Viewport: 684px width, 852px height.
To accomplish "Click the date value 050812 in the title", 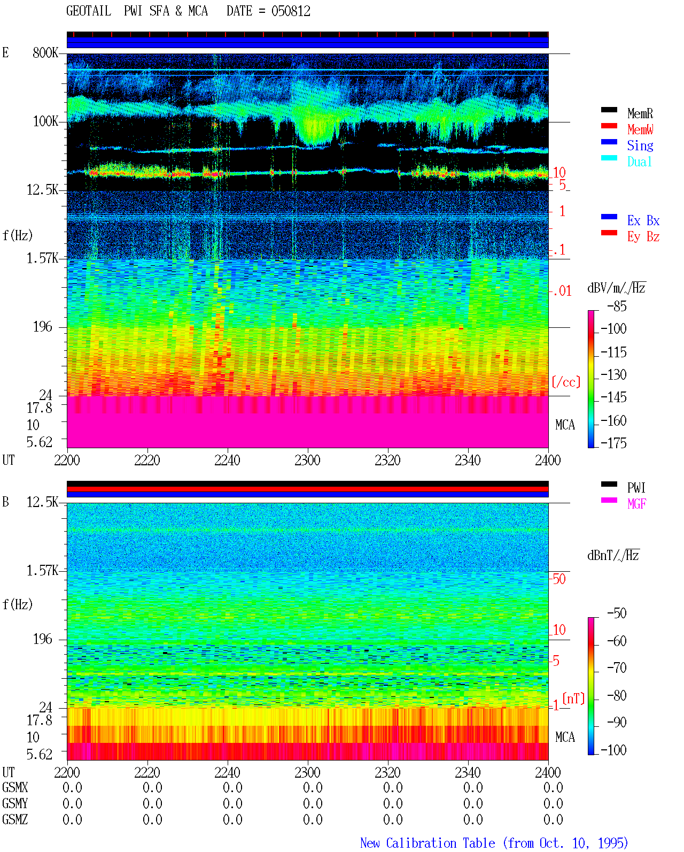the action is tap(291, 11).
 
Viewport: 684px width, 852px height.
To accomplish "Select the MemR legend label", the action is tap(640, 113).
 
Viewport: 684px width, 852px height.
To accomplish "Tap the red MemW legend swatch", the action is tap(609, 126).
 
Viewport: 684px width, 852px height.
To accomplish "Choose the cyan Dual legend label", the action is tap(639, 162).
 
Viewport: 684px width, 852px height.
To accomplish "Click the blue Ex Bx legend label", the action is tap(643, 220).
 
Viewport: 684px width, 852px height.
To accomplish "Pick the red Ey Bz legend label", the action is tap(643, 237).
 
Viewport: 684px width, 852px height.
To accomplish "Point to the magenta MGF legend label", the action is tap(636, 504).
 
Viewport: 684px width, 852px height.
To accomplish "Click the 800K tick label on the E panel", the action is tap(45, 52).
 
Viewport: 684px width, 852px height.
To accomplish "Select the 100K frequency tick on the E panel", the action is tap(45, 121).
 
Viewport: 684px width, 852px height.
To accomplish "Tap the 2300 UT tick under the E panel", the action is tap(307, 460).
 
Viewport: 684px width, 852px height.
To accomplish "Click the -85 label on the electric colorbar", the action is tap(617, 306).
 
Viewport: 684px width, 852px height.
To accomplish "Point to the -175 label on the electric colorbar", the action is tap(613, 443).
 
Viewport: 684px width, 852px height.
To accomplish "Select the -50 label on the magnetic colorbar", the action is tap(617, 613).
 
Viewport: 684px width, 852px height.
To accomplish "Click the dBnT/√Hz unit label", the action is tap(613, 555).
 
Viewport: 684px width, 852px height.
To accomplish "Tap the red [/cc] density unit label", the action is tap(566, 382).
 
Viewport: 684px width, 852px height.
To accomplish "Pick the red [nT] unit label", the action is tap(573, 699).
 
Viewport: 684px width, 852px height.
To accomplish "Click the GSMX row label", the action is tap(15, 787).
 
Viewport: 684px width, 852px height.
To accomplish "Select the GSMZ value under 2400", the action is tap(553, 819).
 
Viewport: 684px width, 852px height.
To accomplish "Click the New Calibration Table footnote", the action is tap(494, 843).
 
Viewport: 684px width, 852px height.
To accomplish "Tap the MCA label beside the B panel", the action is tap(565, 737).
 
